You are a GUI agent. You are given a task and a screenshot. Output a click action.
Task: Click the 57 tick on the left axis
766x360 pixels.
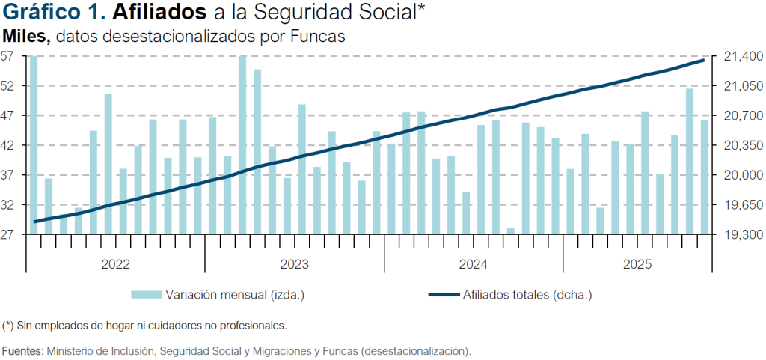[8, 56]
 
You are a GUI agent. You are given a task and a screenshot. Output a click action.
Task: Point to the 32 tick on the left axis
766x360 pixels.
[8, 204]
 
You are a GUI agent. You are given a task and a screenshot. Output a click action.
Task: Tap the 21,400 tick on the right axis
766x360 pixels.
[739, 56]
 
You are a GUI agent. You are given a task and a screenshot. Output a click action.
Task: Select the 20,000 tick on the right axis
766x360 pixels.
[739, 175]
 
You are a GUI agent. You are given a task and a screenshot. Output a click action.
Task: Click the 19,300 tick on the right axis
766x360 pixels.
[739, 234]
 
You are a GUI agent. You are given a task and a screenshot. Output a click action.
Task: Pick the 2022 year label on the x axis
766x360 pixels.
[116, 264]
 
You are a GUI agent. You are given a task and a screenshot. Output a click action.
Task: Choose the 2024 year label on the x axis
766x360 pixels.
[473, 264]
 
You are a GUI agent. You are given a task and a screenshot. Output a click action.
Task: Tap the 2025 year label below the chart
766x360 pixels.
[637, 264]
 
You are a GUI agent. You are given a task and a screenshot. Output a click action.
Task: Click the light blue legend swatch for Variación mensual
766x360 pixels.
[147, 295]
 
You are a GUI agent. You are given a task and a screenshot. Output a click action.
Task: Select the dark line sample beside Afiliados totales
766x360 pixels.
[444, 295]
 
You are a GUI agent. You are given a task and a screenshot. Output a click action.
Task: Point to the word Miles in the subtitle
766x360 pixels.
[26, 36]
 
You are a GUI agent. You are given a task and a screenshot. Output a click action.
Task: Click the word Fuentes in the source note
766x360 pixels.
[22, 350]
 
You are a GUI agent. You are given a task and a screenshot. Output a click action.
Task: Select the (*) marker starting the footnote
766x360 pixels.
[8, 326]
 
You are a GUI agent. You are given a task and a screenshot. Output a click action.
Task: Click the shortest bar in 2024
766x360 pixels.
[511, 231]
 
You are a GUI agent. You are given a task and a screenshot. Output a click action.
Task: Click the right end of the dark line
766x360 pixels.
[704, 59]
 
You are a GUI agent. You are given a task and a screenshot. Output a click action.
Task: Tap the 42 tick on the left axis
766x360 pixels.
[8, 145]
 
